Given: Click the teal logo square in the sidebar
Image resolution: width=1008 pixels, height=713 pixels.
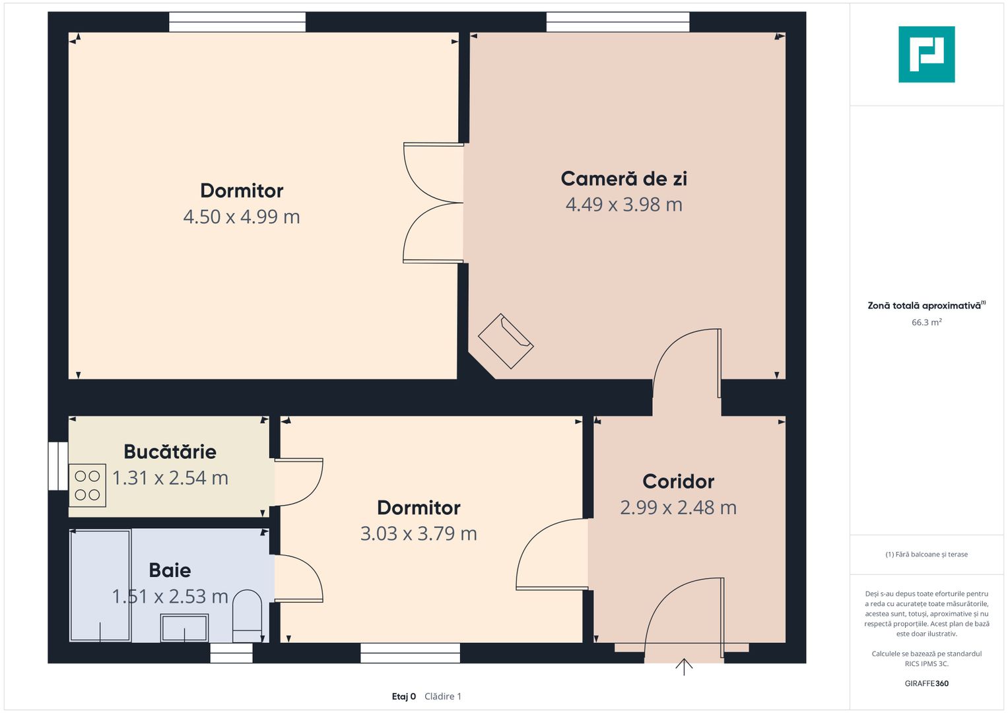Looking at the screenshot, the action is coord(927,54).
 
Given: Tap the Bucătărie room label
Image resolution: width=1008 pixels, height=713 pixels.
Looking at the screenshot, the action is coord(170,452).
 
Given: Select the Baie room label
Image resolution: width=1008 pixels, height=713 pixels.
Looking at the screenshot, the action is coord(170,571).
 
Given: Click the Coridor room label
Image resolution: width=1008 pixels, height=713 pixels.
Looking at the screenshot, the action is coord(678,482).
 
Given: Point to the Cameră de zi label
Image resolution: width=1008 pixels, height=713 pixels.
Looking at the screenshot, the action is coord(624,179).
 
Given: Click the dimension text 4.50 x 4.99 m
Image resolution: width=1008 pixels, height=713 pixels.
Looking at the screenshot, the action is coord(242,217).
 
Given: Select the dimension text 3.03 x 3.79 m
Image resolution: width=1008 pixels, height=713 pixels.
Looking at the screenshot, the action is coord(419,534).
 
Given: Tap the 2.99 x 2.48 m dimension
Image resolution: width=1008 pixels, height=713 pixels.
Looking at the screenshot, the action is coord(678,508).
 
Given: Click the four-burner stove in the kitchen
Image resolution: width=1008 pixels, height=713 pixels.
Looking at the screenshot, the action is coord(87,486).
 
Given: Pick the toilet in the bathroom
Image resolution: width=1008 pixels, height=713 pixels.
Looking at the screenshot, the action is coord(247,616).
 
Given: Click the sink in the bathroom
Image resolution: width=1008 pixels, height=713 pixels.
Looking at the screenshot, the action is coord(184,627).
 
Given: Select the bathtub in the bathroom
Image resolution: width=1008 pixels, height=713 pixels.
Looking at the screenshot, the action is coord(100,586).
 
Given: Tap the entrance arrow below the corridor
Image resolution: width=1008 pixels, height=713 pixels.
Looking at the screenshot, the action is coord(684,667).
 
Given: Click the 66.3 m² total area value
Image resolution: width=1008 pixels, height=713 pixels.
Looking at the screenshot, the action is coord(927,322).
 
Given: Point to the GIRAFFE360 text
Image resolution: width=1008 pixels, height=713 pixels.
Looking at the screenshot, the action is coord(927,683).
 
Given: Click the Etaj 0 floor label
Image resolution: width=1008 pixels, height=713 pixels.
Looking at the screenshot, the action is coord(403,696).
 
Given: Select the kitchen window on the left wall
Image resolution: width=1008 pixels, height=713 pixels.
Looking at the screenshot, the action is coord(59,466).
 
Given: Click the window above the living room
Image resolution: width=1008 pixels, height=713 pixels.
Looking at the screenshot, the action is coord(618,22).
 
